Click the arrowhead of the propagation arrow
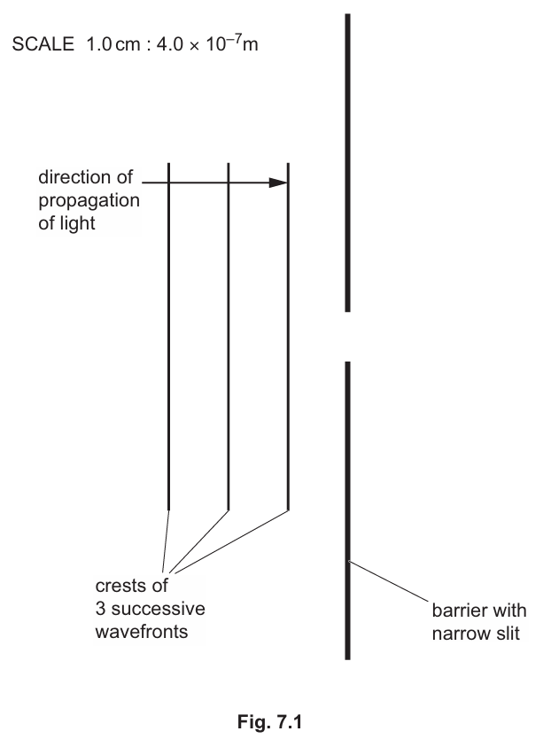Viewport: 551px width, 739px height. pos(279,183)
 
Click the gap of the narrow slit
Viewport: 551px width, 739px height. pos(347,337)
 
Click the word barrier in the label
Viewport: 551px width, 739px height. pos(454,611)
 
